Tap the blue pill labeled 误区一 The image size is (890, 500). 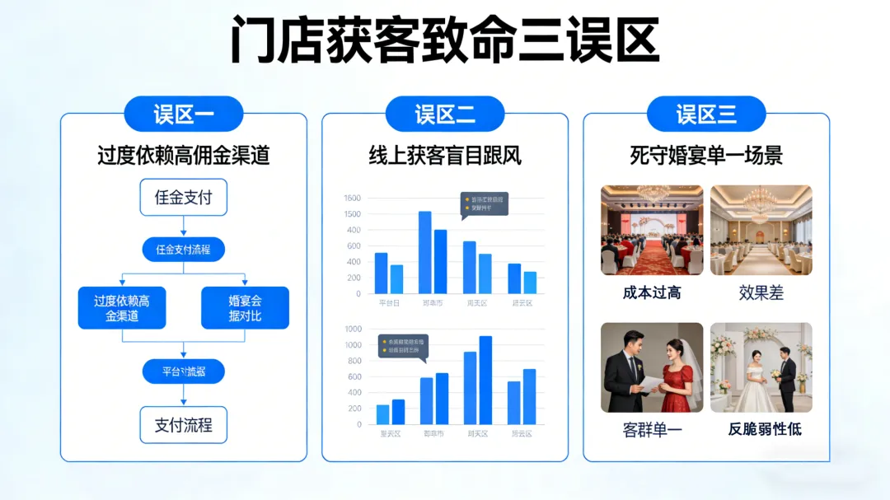(183, 114)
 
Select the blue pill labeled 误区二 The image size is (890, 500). (445, 114)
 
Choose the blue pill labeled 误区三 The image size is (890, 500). (706, 114)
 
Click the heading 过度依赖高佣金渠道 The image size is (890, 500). (183, 155)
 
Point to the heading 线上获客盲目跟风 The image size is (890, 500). (445, 155)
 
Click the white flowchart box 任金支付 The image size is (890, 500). (183, 198)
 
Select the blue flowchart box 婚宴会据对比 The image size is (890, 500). (245, 308)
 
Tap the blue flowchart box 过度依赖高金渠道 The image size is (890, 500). (122, 308)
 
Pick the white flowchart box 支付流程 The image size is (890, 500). (183, 425)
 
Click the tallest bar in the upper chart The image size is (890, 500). (425, 252)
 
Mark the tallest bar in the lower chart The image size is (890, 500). (485, 380)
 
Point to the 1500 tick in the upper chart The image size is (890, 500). (352, 214)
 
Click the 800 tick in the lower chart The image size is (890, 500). (353, 361)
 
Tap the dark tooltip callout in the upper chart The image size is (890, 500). (484, 203)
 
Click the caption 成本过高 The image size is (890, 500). (652, 292)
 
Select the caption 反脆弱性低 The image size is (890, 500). (764, 429)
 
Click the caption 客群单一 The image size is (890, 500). (652, 429)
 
